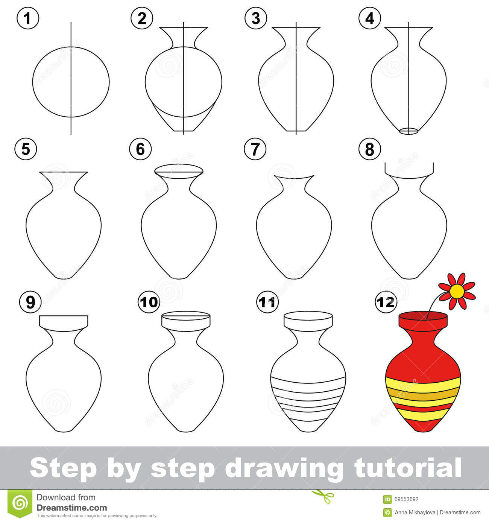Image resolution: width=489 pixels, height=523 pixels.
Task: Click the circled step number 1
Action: click(x=27, y=18)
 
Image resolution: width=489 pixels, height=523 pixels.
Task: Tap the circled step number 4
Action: click(x=369, y=18)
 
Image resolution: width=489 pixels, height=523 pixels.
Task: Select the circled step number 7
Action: click(x=255, y=149)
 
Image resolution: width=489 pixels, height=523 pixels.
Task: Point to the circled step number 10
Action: click(x=149, y=302)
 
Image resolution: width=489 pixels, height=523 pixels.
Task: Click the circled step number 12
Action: click(x=386, y=302)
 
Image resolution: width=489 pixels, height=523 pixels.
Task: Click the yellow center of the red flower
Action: click(x=457, y=290)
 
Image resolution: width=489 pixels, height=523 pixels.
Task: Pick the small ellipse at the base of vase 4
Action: click(x=409, y=131)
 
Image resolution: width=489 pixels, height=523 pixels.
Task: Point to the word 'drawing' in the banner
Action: click(x=284, y=468)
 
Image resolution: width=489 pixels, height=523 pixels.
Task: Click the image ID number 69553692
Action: click(x=407, y=500)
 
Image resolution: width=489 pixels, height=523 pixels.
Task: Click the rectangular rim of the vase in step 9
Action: click(x=64, y=321)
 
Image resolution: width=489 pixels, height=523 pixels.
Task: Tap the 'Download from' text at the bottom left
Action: click(x=66, y=497)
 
